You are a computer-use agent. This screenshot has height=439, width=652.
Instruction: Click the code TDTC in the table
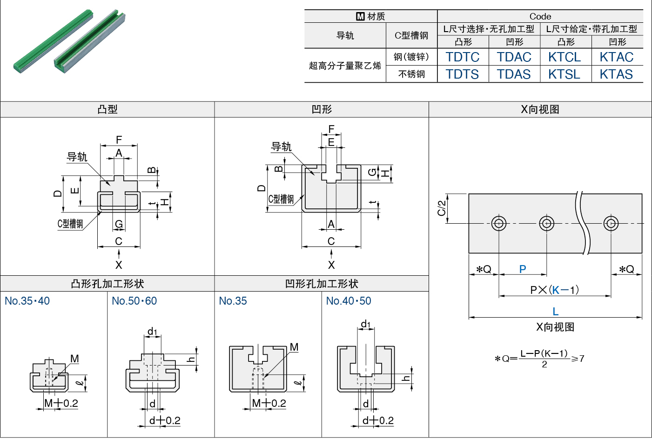pyautogui.click(x=463, y=57)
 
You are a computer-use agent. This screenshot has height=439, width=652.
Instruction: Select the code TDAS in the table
pyautogui.click(x=514, y=74)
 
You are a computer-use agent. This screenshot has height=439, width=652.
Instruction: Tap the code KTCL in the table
pyautogui.click(x=565, y=57)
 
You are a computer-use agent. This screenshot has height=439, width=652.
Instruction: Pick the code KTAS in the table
pyautogui.click(x=616, y=74)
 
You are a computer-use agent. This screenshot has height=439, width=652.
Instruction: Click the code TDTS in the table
pyautogui.click(x=462, y=74)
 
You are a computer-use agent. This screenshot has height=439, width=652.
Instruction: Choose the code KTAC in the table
pyautogui.click(x=617, y=57)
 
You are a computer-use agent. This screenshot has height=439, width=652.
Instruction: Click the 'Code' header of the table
pyautogui.click(x=540, y=16)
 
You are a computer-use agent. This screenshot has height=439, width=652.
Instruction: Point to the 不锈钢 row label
pyautogui.click(x=411, y=74)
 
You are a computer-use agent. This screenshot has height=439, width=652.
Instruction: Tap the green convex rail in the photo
pyautogui.click(x=53, y=41)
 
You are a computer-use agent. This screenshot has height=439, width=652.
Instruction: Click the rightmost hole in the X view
pyautogui.click(x=611, y=223)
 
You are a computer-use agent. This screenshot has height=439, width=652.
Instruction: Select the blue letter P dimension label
pyautogui.click(x=523, y=269)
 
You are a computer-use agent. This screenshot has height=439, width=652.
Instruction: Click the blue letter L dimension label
pyautogui.click(x=555, y=312)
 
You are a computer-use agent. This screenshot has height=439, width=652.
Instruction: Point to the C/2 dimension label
pyautogui.click(x=442, y=208)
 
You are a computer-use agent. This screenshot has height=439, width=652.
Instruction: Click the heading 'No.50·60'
pyautogui.click(x=134, y=301)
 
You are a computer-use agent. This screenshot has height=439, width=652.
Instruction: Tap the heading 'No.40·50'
pyautogui.click(x=349, y=301)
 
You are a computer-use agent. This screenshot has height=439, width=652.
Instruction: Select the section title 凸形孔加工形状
pyautogui.click(x=108, y=284)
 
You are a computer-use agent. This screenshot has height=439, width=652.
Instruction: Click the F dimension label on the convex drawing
pyautogui.click(x=119, y=140)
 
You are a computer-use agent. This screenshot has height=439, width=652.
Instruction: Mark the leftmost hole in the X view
pyautogui.click(x=499, y=223)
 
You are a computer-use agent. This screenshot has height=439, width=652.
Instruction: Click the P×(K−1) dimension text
pyautogui.click(x=554, y=290)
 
